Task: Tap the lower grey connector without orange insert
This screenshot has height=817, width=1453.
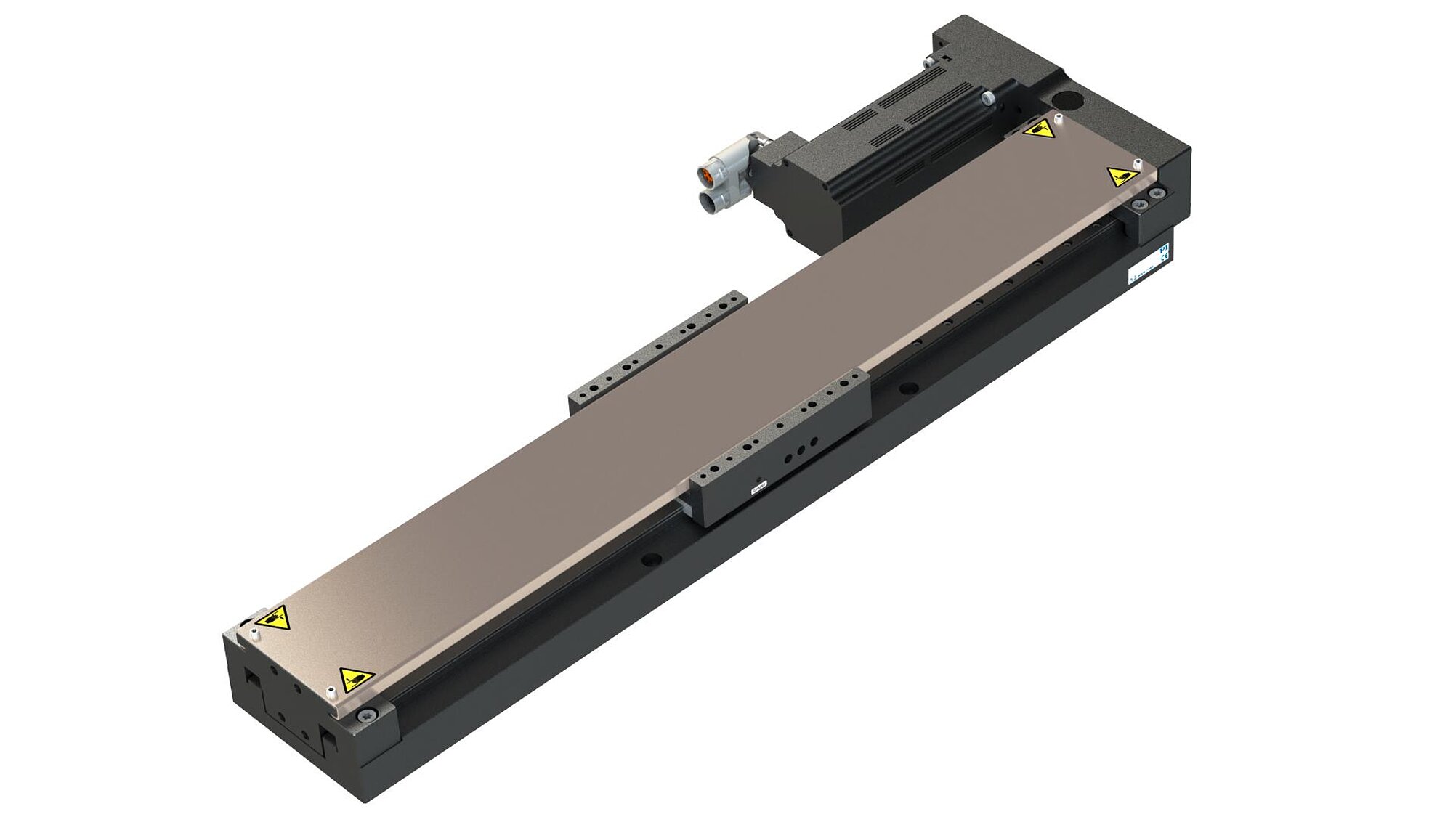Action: pyautogui.click(x=711, y=202)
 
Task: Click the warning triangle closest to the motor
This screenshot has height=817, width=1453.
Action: pyautogui.click(x=1038, y=130)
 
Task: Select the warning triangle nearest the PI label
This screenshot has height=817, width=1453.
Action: pyautogui.click(x=1121, y=176)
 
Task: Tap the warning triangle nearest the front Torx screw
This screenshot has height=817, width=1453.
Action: pyautogui.click(x=357, y=679)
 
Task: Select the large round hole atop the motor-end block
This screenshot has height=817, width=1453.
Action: pyautogui.click(x=1067, y=98)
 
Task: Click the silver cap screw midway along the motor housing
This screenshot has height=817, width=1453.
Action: pyautogui.click(x=988, y=96)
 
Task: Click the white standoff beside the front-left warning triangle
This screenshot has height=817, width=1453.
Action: pyautogui.click(x=254, y=634)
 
